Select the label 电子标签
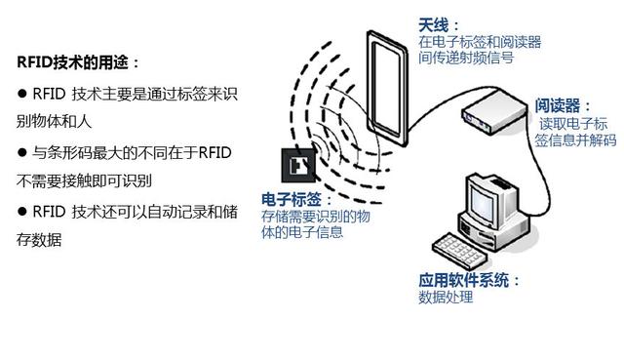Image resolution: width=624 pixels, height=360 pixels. (x=287, y=199)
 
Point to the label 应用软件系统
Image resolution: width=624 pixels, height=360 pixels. (x=463, y=281)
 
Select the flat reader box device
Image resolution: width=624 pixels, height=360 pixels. (x=487, y=109)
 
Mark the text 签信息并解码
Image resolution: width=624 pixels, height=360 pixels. (x=575, y=140)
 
